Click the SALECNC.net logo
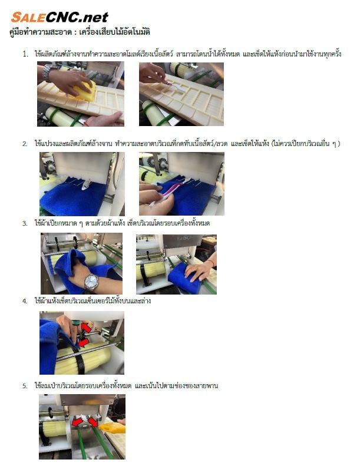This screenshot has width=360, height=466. click(x=60, y=17)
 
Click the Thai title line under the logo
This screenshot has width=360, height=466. click(x=80, y=32)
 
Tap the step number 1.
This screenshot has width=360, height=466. click(x=25, y=54)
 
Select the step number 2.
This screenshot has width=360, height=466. click(x=25, y=144)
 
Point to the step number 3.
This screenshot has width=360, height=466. click(x=25, y=224)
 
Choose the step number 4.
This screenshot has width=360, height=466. click(x=25, y=302)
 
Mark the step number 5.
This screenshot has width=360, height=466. click(x=25, y=386)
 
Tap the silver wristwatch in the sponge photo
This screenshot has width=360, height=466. click(x=47, y=72)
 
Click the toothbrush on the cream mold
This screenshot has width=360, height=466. click(x=176, y=86)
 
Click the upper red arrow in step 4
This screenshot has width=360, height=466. click(x=87, y=328)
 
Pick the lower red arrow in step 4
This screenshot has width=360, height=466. click(x=82, y=342)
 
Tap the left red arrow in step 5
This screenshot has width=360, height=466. click(x=78, y=422)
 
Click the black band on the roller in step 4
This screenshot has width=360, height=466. click(x=80, y=360)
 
